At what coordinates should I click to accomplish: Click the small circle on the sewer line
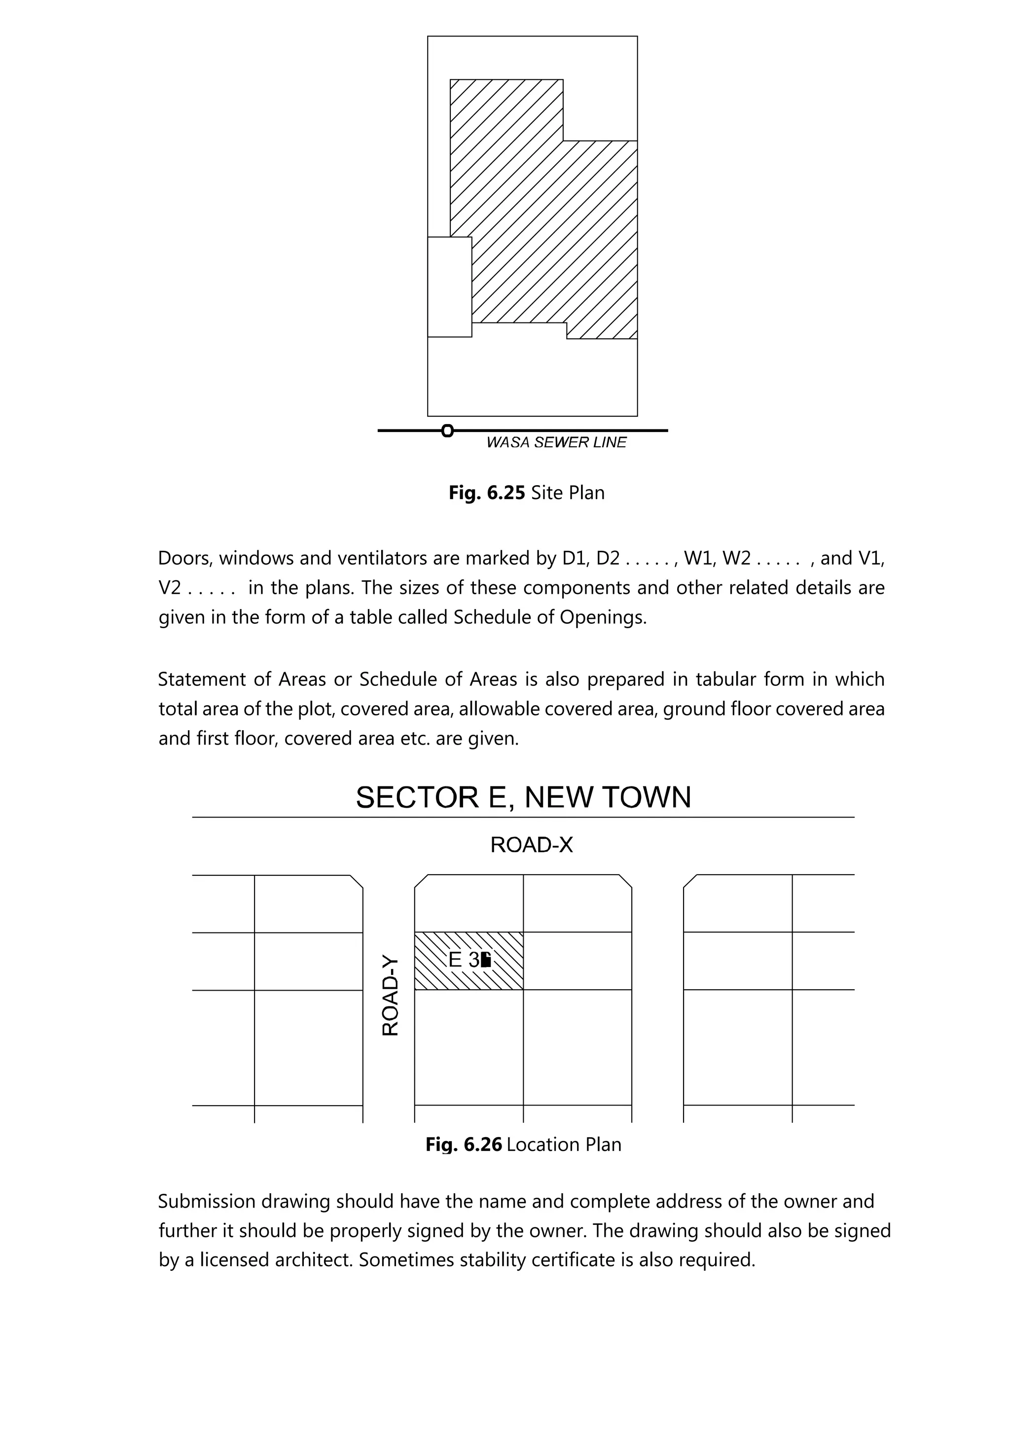tap(447, 430)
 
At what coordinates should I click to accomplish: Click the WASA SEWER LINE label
tap(556, 442)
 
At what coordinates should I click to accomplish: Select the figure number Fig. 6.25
tap(487, 493)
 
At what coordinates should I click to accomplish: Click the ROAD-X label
tap(532, 845)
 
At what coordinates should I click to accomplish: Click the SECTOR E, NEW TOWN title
tap(523, 797)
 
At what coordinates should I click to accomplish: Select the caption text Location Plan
tap(564, 1144)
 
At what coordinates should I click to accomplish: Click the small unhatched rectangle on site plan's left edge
tap(449, 287)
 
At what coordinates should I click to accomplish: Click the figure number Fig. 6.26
tap(463, 1144)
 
